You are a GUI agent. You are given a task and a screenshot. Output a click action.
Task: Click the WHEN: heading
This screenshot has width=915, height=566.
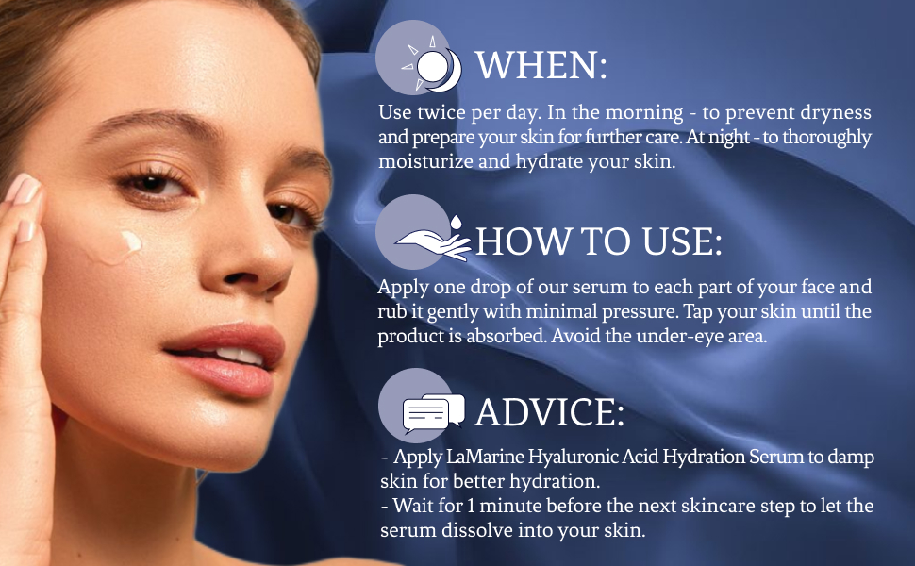541,66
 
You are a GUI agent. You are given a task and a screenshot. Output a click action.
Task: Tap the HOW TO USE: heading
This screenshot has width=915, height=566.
599,241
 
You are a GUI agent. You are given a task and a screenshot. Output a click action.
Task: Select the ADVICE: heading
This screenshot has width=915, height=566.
549,412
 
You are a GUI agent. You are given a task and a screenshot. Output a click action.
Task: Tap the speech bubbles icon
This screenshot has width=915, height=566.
433,411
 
